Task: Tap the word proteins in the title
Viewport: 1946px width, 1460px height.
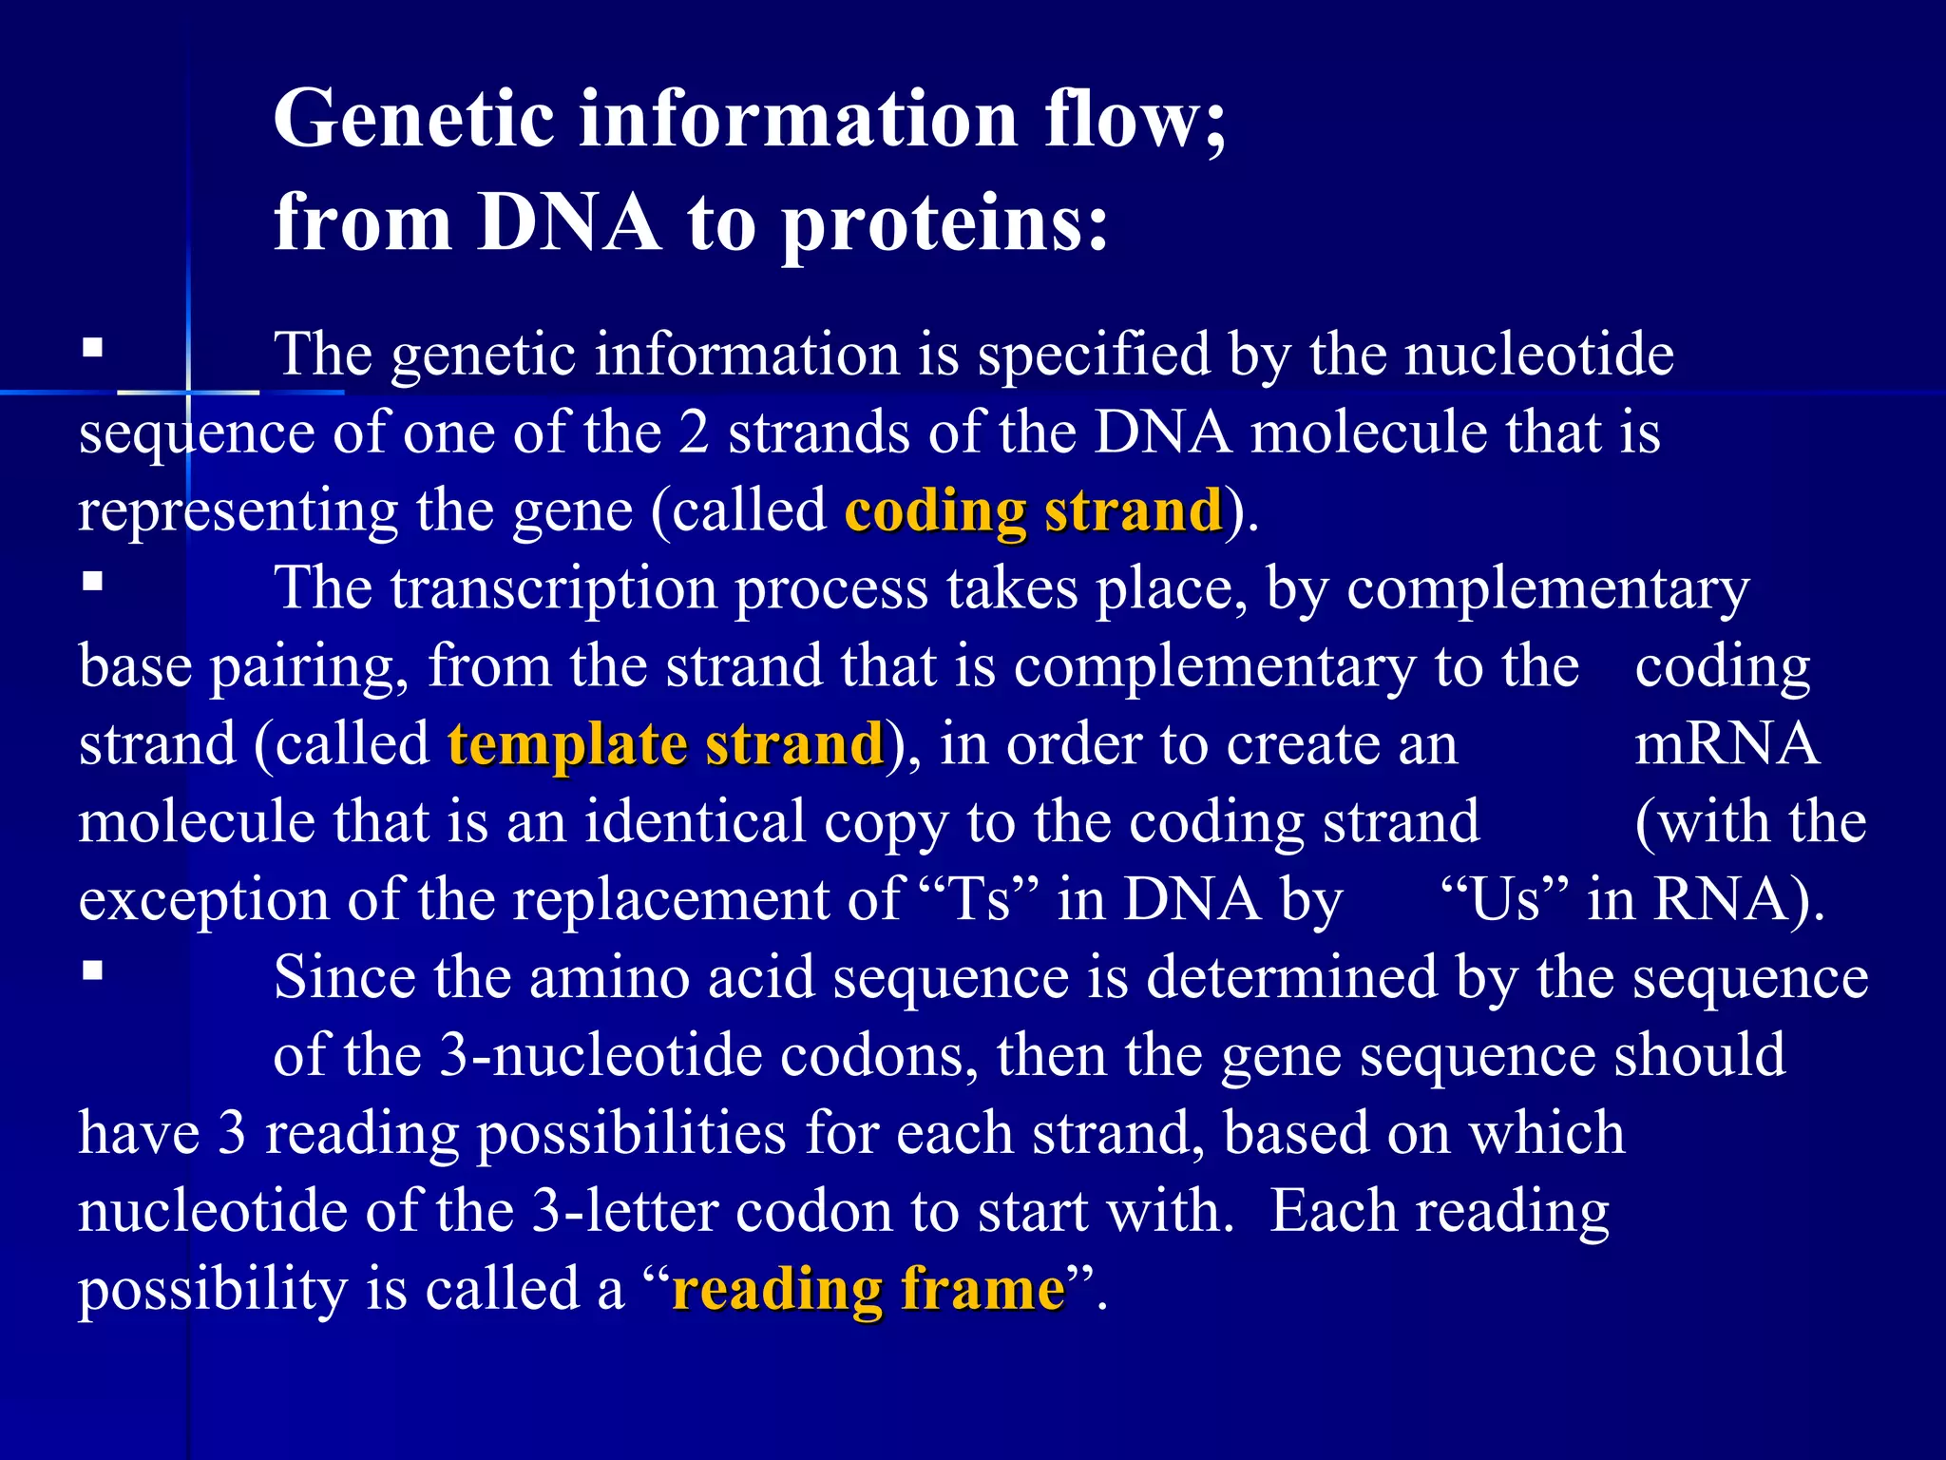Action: [x=944, y=224]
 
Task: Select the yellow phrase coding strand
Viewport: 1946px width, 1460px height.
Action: [x=1033, y=511]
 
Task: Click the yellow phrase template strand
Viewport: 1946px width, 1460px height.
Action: [x=666, y=744]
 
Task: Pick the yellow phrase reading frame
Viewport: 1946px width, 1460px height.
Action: [x=868, y=1290]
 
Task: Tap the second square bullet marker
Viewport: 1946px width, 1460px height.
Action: [x=92, y=581]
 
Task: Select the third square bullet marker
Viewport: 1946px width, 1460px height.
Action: [x=92, y=970]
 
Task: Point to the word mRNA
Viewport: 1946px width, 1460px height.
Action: [x=1726, y=744]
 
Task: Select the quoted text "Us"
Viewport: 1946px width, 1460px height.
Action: [x=1503, y=899]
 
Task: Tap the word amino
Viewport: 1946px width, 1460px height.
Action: [x=609, y=977]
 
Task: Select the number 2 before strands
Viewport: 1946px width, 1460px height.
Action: [x=694, y=433]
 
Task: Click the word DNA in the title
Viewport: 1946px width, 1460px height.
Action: [x=568, y=224]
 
